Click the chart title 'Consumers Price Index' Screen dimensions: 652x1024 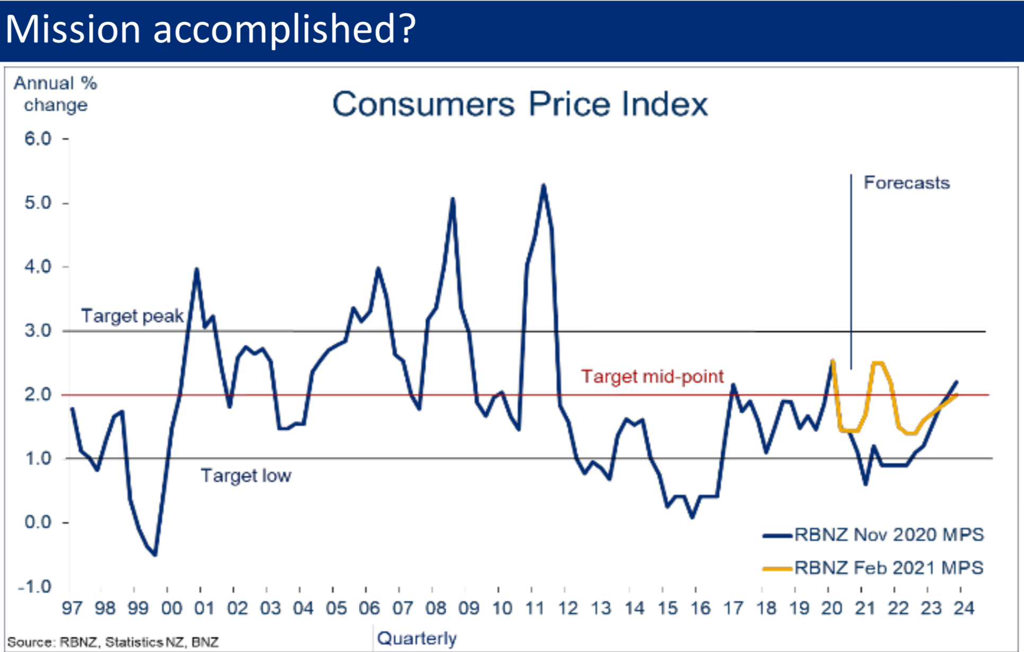pos(520,104)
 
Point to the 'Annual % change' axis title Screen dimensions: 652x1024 pos(55,94)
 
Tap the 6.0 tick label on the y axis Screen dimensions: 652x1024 pos(38,139)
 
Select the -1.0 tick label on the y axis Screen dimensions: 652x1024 pos(34,587)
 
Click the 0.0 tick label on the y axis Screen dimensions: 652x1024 pos(38,522)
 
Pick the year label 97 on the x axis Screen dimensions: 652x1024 pos(72,608)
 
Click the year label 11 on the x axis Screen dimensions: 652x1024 pos(535,608)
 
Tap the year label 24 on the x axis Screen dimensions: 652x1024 pos(964,608)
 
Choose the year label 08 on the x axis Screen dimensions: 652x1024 pos(435,608)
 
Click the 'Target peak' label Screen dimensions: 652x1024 pos(132,316)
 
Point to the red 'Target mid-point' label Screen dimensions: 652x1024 pos(652,376)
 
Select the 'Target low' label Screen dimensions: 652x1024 pos(246,475)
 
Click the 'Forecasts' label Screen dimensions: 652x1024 pos(906,183)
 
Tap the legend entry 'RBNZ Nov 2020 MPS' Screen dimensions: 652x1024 pos(889,534)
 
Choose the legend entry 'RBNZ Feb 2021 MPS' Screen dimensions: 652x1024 pos(889,568)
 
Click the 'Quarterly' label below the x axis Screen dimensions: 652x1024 pos(417,638)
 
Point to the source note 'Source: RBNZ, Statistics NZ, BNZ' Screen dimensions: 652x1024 pos(113,642)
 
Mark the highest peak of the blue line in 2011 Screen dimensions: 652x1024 pos(544,185)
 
